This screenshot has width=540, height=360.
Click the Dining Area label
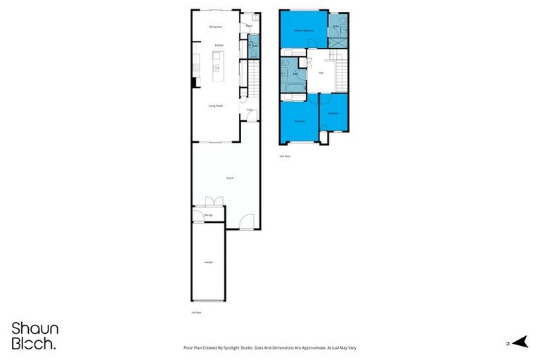tap(216, 27)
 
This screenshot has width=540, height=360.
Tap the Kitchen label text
tap(219, 46)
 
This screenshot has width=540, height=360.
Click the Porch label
tap(230, 178)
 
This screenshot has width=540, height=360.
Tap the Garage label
tap(208, 262)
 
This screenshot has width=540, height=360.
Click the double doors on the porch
tap(214, 202)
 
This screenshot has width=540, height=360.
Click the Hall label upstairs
tap(321, 72)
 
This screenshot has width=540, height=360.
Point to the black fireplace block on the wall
tap(193, 82)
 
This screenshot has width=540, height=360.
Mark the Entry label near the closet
tap(249, 110)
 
